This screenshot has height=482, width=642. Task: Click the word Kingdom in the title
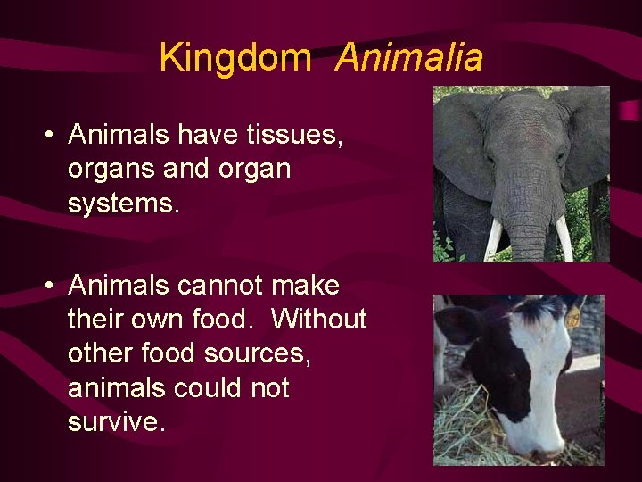pyautogui.click(x=235, y=58)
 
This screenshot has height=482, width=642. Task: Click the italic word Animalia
pyautogui.click(x=409, y=58)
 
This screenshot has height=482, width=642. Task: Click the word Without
pyautogui.click(x=318, y=320)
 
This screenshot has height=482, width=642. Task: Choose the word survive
pyautogui.click(x=116, y=421)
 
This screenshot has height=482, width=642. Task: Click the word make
pyautogui.click(x=305, y=286)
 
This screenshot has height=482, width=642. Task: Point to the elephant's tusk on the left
pyautogui.click(x=493, y=238)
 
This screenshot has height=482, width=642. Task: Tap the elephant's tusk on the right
pyautogui.click(x=563, y=238)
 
